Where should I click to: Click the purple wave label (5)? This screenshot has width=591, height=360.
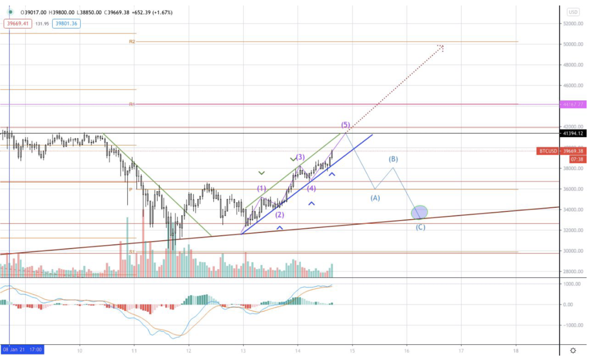pyautogui.click(x=346, y=125)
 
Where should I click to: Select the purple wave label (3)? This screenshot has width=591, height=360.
pyautogui.click(x=300, y=157)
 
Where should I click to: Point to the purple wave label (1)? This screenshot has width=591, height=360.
pyautogui.click(x=262, y=188)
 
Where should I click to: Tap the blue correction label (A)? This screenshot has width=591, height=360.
pyautogui.click(x=375, y=197)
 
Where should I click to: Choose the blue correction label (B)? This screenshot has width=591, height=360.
pyautogui.click(x=393, y=159)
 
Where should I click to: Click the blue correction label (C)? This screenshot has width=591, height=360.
pyautogui.click(x=420, y=227)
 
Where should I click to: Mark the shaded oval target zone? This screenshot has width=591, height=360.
pyautogui.click(x=419, y=212)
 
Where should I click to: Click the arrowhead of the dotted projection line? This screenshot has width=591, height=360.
pyautogui.click(x=442, y=47)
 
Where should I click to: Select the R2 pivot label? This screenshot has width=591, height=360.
pyautogui.click(x=132, y=42)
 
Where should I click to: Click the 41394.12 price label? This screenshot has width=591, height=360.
pyautogui.click(x=573, y=134)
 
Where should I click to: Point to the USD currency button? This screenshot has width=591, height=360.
pyautogui.click(x=573, y=12)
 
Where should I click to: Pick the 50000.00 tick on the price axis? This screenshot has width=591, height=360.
pyautogui.click(x=573, y=44)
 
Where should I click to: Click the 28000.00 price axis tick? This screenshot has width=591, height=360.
pyautogui.click(x=573, y=272)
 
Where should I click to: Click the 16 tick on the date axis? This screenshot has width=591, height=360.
pyautogui.click(x=407, y=350)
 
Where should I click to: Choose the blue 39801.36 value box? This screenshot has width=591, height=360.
pyautogui.click(x=67, y=23)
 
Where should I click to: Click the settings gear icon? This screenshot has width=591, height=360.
pyautogui.click(x=573, y=350)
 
